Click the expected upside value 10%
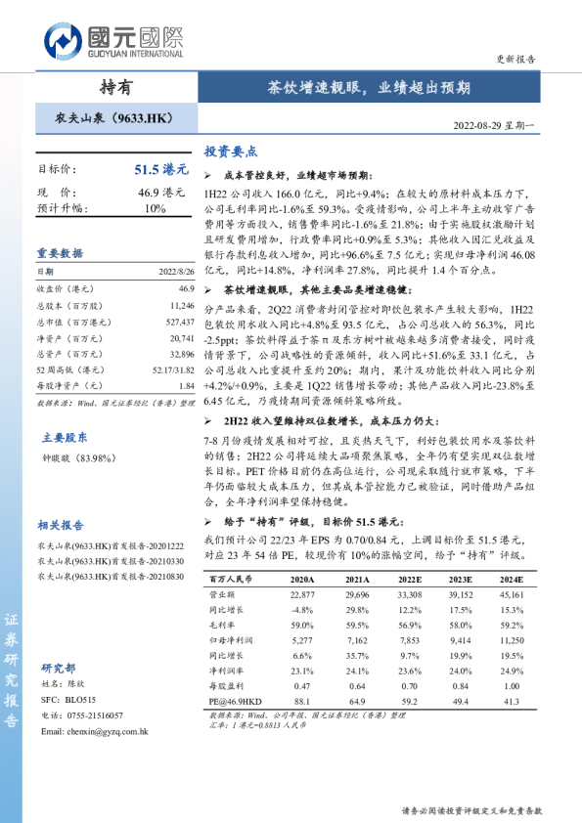click(x=156, y=208)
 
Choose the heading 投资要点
click(x=231, y=152)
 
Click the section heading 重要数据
click(x=60, y=252)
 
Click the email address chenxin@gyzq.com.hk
click(x=102, y=730)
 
